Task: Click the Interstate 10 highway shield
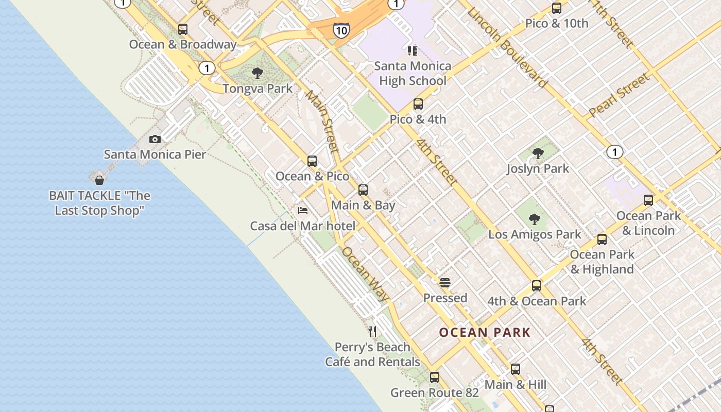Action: click(341, 30)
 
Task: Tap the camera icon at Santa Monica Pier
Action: click(154, 139)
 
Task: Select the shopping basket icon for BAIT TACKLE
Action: click(99, 180)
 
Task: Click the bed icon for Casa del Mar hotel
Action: click(303, 210)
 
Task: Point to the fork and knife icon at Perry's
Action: click(372, 331)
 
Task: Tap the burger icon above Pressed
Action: click(445, 282)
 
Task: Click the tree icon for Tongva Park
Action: click(257, 73)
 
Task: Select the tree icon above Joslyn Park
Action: click(538, 153)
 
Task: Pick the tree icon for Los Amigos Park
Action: click(535, 219)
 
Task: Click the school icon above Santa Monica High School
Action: click(413, 50)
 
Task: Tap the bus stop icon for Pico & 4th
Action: click(418, 104)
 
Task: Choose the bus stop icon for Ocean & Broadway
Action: click(182, 29)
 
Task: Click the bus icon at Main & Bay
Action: click(363, 190)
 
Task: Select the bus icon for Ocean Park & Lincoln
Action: click(648, 200)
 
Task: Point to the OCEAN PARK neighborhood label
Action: click(485, 332)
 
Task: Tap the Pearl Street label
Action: click(619, 94)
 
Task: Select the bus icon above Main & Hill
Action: click(516, 369)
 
